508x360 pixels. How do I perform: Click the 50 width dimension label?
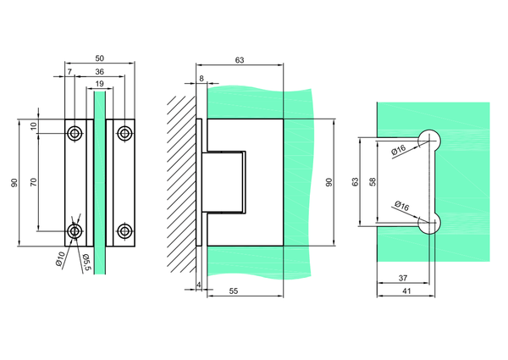tap(99, 58)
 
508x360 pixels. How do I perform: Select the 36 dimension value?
tap(99, 71)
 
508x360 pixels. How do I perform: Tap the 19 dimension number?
tap(99, 84)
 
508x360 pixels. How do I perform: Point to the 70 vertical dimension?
tap(34, 182)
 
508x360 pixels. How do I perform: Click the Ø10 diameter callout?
tap(61, 258)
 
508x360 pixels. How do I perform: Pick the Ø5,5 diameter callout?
tap(86, 262)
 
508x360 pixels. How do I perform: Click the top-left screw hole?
tap(75, 133)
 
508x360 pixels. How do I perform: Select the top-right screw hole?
tap(124, 133)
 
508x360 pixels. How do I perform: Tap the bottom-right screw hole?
tap(124, 231)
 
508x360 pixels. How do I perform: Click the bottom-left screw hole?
tap(75, 231)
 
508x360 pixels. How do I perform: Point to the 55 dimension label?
tap(234, 291)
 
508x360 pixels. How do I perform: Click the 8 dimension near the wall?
tap(202, 79)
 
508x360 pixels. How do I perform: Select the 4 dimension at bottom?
tap(199, 285)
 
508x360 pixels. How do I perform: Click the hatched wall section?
tap(182, 185)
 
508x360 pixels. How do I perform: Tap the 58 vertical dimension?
tap(373, 181)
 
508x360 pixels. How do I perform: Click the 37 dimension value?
tap(403, 278)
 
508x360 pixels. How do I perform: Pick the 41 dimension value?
tap(406, 291)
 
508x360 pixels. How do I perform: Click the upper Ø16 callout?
tap(399, 150)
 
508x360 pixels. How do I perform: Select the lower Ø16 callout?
tap(402, 206)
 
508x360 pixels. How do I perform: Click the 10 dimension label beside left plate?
tap(34, 126)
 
